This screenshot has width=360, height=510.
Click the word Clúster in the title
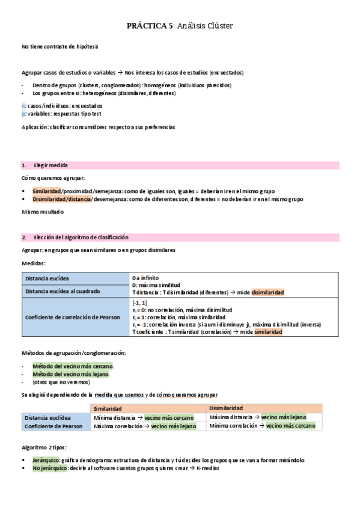218,26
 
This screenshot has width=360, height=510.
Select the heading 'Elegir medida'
50,165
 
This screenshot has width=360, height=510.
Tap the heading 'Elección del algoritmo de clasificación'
81,237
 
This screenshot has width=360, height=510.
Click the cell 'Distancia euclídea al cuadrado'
63,291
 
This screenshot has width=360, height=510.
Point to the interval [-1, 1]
139,303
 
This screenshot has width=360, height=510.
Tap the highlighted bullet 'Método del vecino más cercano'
72,366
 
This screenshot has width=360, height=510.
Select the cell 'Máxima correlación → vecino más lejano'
145,426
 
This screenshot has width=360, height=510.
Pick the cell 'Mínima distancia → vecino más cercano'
144,417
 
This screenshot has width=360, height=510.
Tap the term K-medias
208,469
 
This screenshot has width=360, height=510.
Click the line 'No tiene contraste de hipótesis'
59,46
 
